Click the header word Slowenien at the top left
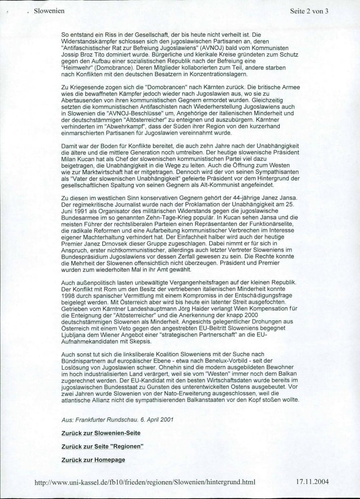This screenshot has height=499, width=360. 49,11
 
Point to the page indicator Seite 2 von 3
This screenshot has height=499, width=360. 309,11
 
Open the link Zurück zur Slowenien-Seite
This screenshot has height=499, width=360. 101,433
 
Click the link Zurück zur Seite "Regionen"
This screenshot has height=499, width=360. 102,446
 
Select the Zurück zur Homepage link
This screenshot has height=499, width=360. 93,459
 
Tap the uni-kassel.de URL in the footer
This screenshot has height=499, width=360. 144,482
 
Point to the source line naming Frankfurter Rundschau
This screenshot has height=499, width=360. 118,419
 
